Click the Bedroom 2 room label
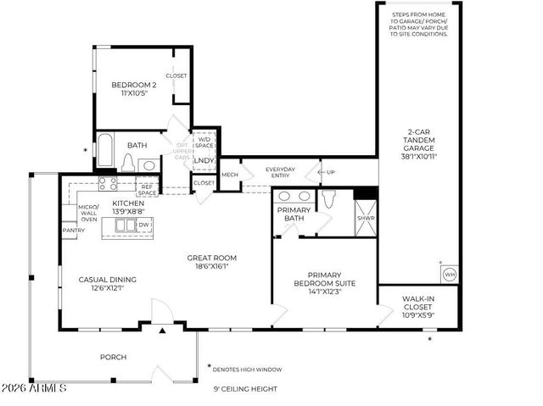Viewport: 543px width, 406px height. coord(134,85)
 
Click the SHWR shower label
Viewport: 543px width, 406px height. coord(366,218)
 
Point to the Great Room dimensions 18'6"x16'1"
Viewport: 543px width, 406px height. coord(212,265)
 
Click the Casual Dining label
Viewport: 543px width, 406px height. coord(107,280)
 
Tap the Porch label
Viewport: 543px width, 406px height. coord(113,357)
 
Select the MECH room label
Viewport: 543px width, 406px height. coord(230,175)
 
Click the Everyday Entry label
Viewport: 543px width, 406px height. coord(280,173)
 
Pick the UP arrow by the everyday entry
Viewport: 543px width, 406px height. coord(327,172)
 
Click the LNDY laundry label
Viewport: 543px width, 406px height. coord(204,160)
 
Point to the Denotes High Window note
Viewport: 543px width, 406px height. coord(248,370)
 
